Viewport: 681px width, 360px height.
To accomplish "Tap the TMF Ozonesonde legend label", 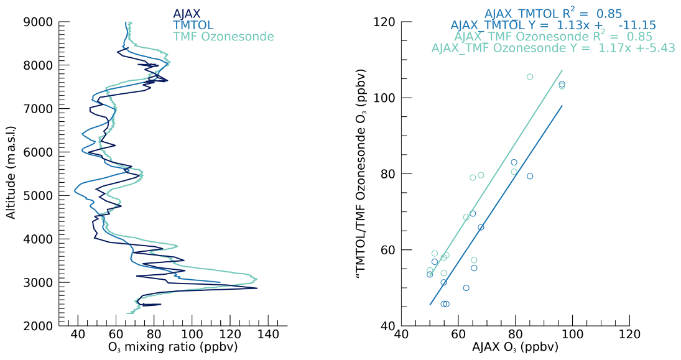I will pos(223,37).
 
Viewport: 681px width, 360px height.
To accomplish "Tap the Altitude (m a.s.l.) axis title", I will pos(11,173).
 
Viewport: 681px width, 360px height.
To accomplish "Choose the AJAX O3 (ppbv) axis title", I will pos(516,347).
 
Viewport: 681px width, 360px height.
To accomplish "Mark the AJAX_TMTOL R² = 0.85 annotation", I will pos(553,13).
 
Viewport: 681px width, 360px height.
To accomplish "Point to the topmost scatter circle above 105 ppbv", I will pos(530,76).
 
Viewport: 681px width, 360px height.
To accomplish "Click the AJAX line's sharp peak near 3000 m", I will pos(256,288).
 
